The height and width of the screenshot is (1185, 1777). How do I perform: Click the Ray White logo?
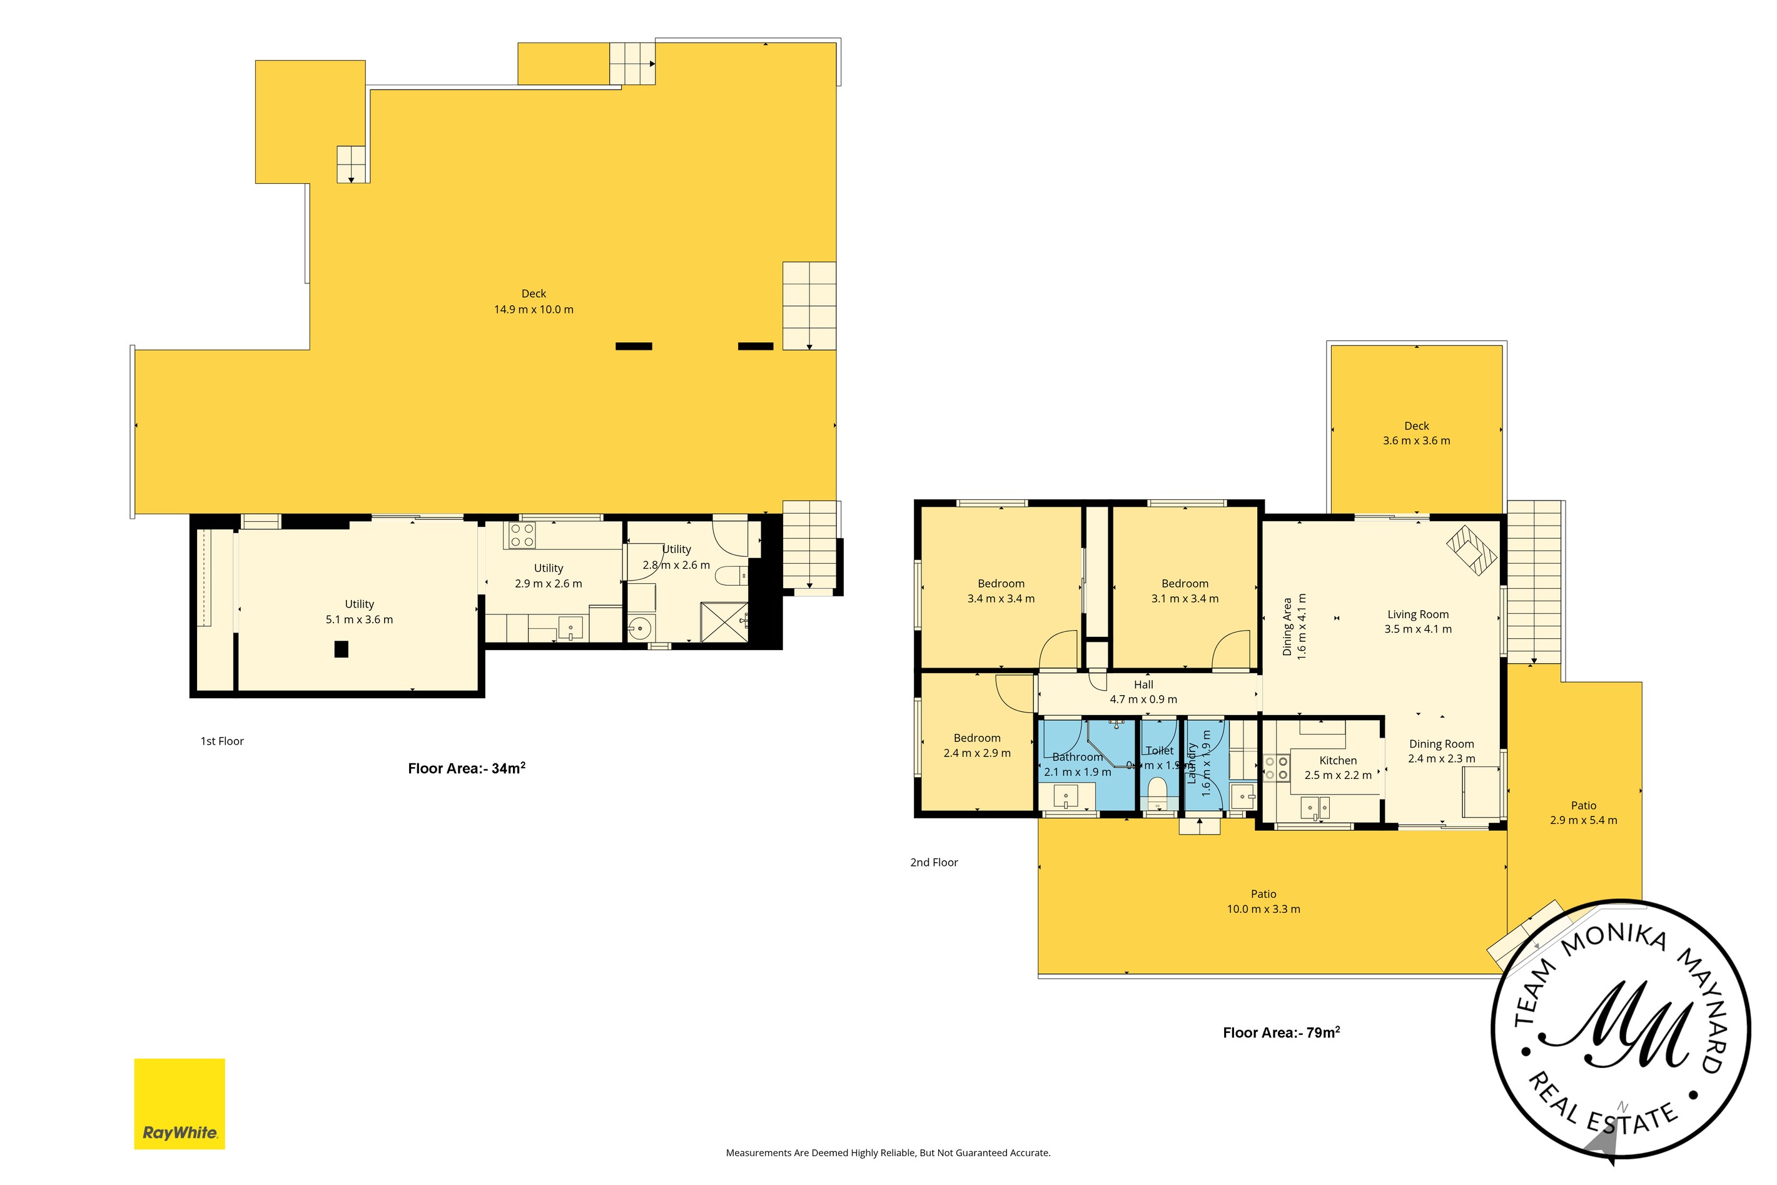click(180, 1104)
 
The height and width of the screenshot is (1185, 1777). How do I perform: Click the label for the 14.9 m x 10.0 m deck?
click(534, 302)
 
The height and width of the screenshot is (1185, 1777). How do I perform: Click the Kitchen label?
click(1338, 760)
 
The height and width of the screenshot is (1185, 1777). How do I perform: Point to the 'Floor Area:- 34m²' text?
click(466, 768)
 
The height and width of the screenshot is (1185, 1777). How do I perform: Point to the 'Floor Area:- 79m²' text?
click(1282, 1032)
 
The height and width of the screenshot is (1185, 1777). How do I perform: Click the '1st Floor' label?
click(222, 741)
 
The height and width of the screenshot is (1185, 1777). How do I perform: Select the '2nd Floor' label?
click(934, 862)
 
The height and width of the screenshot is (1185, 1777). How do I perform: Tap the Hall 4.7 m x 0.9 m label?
click(1143, 692)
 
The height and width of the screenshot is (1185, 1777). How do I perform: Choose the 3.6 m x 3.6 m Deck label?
click(1417, 433)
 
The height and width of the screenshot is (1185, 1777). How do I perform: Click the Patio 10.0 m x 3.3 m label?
click(1263, 902)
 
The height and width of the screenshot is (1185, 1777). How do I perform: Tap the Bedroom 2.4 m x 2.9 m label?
click(977, 745)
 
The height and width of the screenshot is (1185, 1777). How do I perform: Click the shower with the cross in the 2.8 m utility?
click(724, 622)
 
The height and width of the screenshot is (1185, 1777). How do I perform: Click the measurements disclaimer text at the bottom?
click(888, 1152)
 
